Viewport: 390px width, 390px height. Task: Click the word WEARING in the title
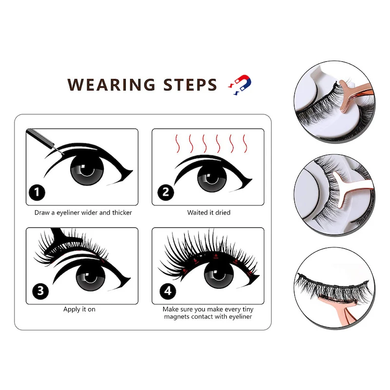tap(111, 85)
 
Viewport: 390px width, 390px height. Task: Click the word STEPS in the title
tap(190, 85)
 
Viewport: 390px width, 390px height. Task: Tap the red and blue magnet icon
tap(240, 85)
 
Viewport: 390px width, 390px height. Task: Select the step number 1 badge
tap(37, 192)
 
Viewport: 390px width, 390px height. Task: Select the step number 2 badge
tap(166, 192)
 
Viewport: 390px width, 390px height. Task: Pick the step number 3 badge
tap(40, 291)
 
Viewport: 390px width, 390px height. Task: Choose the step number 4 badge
tap(168, 291)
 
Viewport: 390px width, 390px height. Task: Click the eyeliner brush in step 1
tap(45, 141)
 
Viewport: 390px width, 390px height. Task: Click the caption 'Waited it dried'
tap(209, 213)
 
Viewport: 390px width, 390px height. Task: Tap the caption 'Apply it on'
tap(79, 309)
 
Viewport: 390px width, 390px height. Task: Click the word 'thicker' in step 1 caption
tap(122, 213)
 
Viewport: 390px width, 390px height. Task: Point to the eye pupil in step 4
tap(219, 275)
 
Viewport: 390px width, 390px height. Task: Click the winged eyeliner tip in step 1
tap(132, 171)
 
